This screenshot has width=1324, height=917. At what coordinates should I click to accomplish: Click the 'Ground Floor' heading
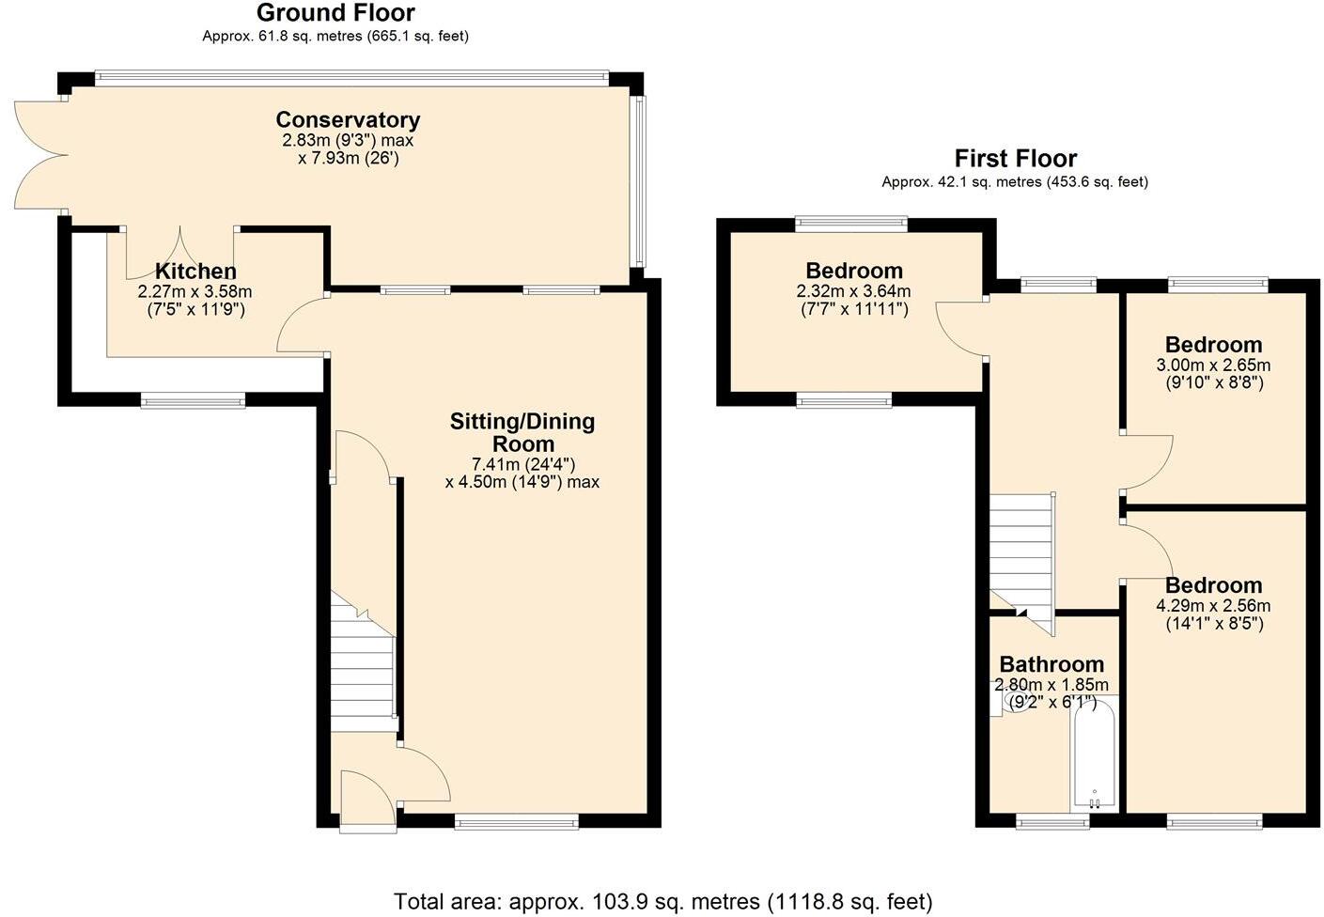(x=335, y=13)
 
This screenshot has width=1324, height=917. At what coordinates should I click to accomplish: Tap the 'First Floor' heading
(x=1015, y=158)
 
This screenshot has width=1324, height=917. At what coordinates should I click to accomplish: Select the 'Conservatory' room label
(x=348, y=120)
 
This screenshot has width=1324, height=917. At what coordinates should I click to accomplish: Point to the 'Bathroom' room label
(x=1051, y=664)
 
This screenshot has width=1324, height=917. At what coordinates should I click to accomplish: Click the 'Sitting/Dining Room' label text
(x=522, y=432)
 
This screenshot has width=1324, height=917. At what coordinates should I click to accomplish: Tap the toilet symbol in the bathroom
(x=1009, y=703)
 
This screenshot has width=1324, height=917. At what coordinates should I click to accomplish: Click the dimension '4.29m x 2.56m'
(x=1213, y=606)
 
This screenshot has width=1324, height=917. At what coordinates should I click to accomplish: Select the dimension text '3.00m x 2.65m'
(x=1213, y=365)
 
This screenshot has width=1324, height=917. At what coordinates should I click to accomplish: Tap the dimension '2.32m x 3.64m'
(x=853, y=291)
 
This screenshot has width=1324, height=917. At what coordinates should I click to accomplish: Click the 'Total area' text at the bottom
(x=662, y=902)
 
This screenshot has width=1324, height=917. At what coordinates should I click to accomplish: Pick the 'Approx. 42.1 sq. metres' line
(x=1015, y=182)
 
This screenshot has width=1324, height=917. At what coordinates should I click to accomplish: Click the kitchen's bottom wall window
(x=193, y=401)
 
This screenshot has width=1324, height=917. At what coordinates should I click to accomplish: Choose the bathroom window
(x=1052, y=823)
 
